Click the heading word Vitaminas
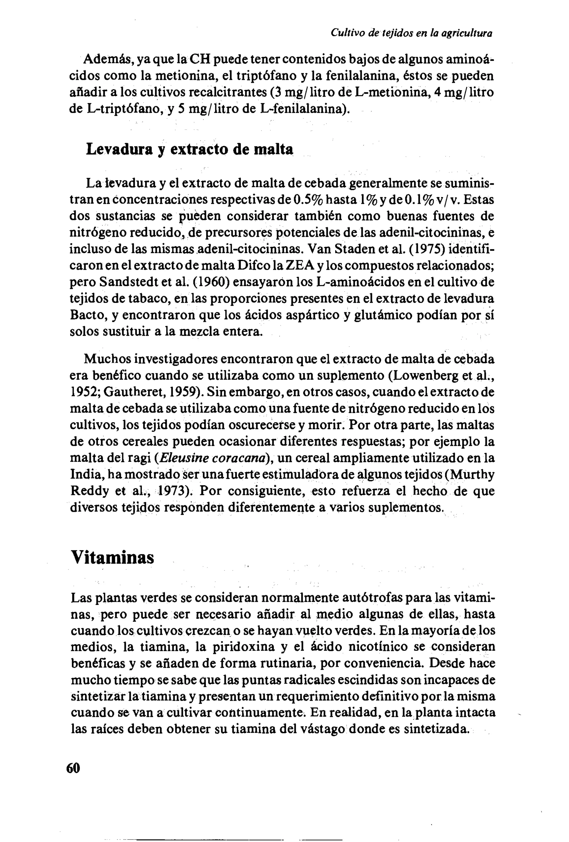click(x=112, y=557)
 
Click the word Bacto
click(x=87, y=315)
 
